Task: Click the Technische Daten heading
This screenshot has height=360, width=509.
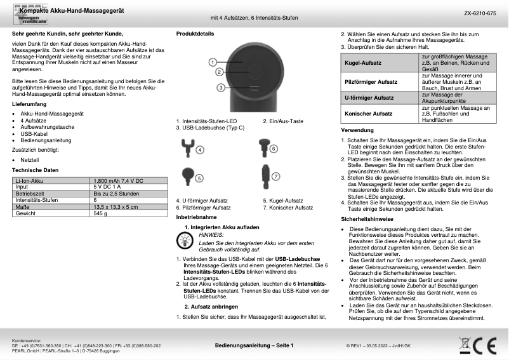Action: click(x=36, y=170)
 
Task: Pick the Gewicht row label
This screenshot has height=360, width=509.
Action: click(x=25, y=214)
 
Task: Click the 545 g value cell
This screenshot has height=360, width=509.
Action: click(x=100, y=214)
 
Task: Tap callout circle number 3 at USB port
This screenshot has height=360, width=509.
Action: click(x=220, y=87)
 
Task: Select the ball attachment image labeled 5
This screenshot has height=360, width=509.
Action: click(x=188, y=174)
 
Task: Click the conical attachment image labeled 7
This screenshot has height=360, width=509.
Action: click(x=263, y=173)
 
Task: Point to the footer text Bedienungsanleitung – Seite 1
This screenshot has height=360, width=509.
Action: click(x=254, y=345)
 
